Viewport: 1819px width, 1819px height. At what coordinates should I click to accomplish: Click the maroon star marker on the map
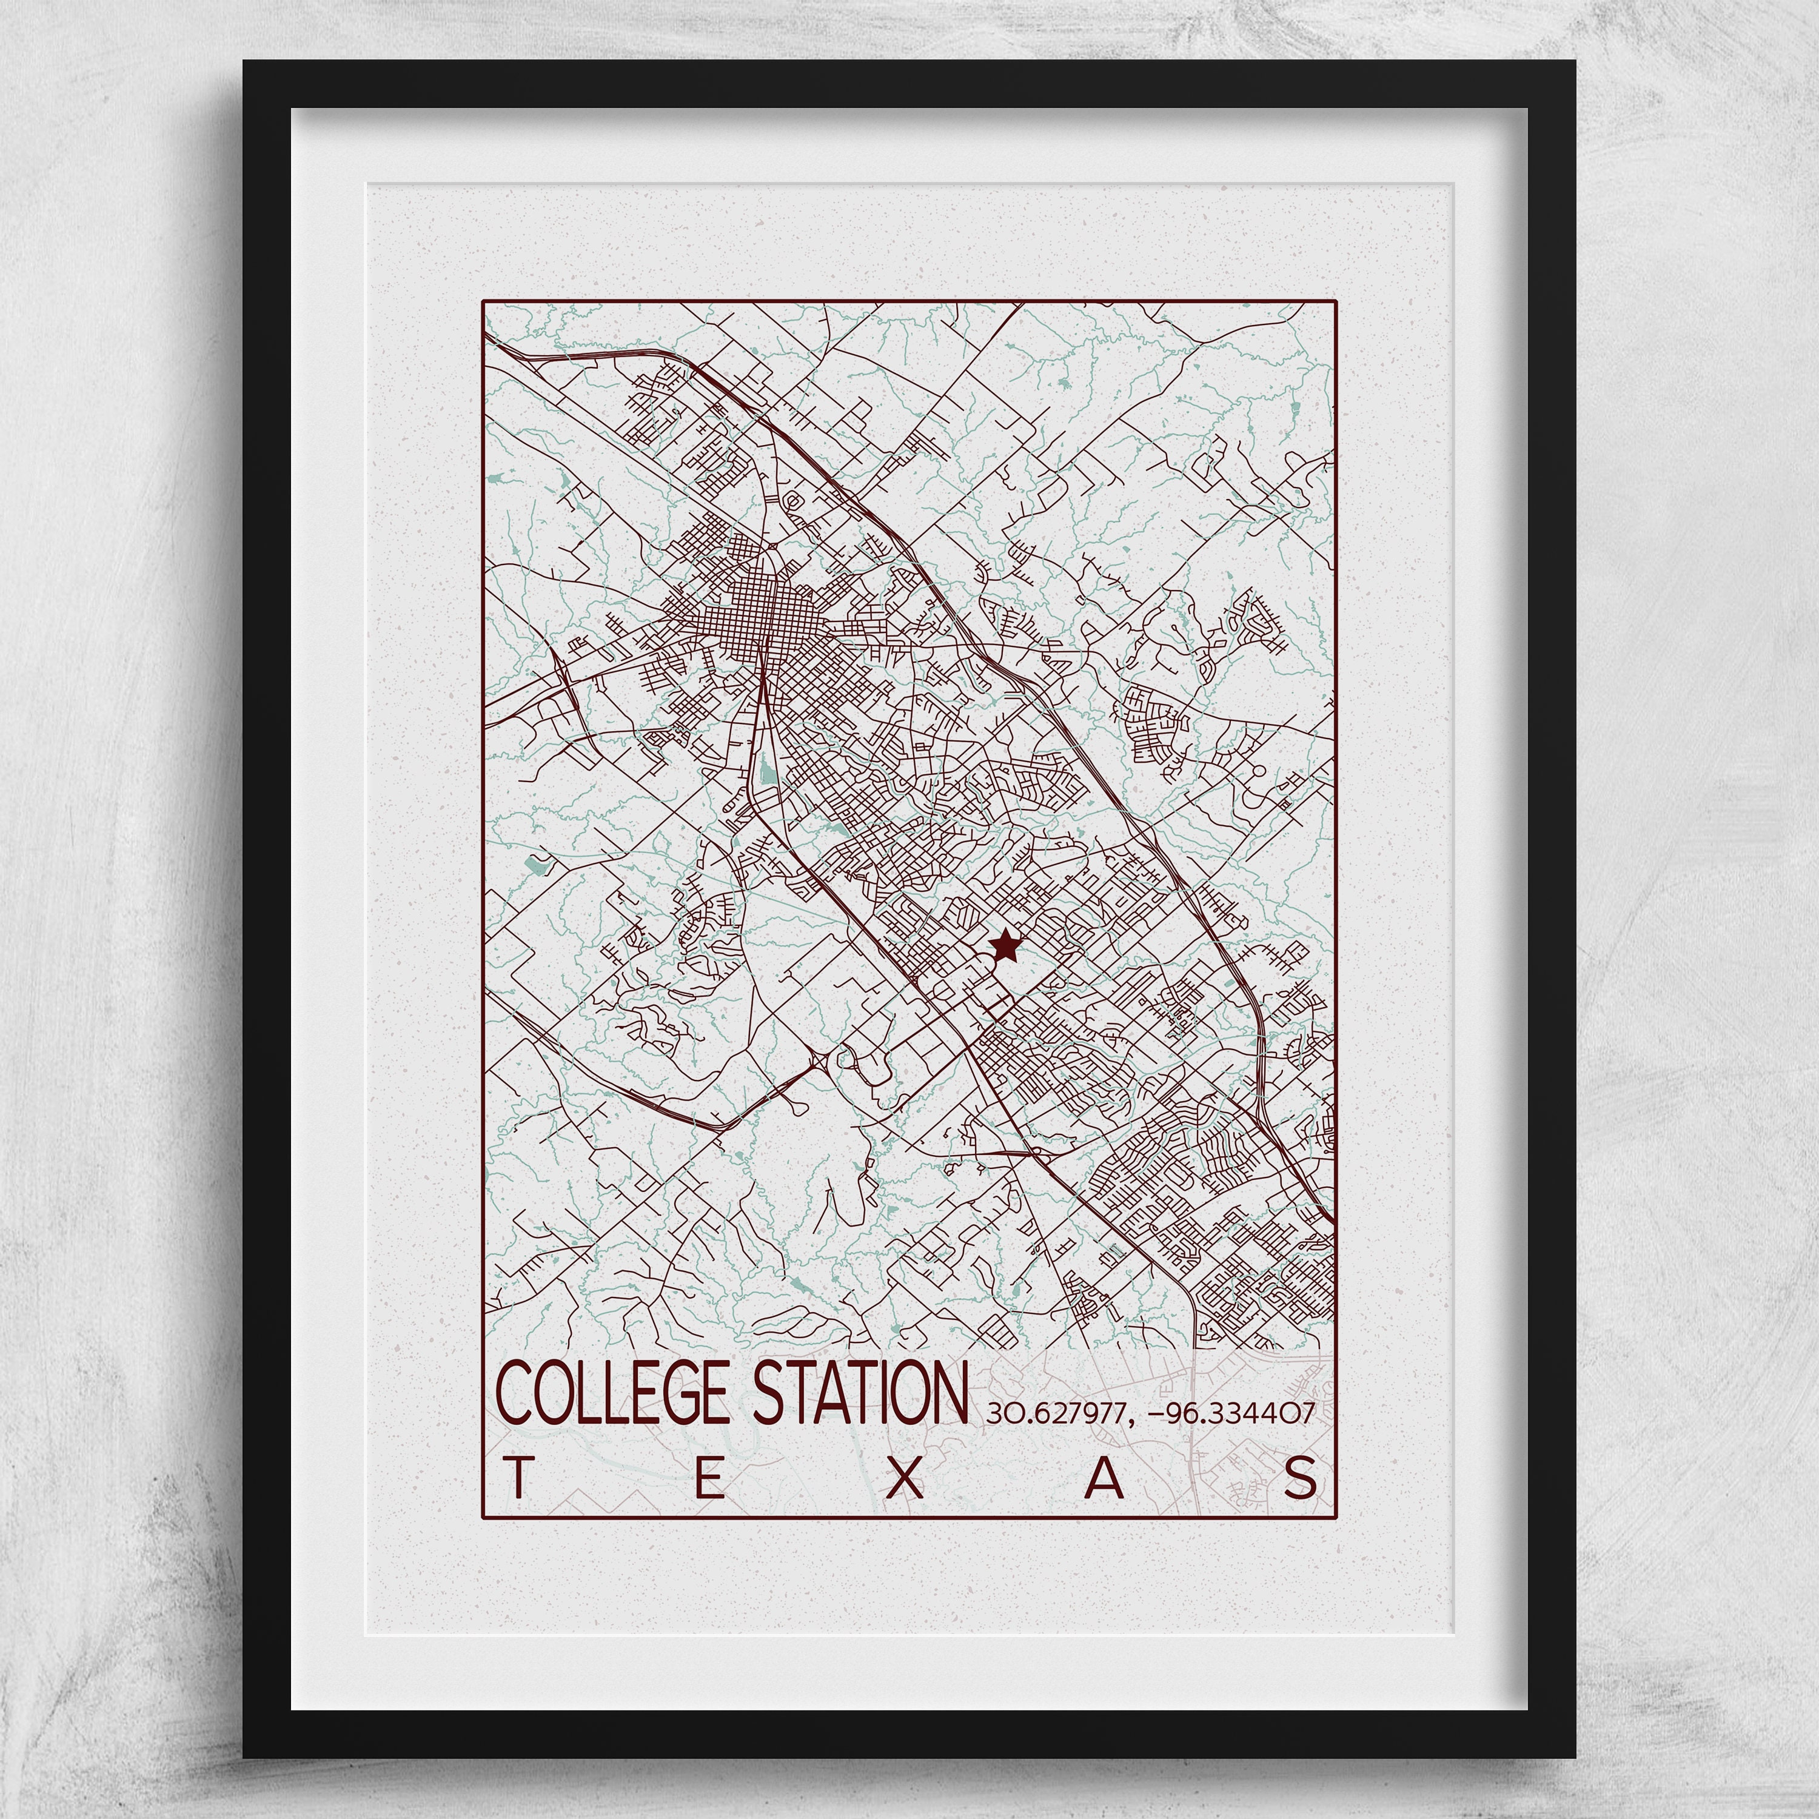click(1005, 943)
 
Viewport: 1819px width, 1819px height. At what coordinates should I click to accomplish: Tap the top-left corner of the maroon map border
click(483, 301)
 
